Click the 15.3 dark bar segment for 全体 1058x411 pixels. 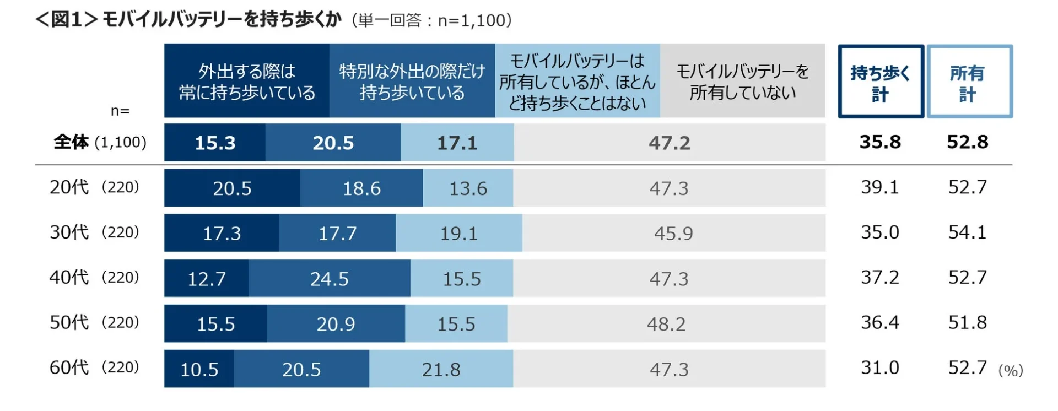[215, 143]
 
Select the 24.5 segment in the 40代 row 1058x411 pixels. [329, 279]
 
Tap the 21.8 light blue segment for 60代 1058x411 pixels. [441, 369]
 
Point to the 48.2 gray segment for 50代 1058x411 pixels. [666, 324]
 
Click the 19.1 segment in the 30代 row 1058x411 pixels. [458, 234]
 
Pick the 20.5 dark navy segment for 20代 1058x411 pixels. [232, 188]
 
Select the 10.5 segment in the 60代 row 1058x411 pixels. [199, 369]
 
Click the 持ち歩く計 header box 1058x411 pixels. [881, 82]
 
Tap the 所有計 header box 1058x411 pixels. [969, 82]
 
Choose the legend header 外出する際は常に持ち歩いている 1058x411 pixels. [247, 81]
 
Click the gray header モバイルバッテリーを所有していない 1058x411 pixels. [742, 81]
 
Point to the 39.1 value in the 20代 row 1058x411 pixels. [880, 187]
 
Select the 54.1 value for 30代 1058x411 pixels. [967, 232]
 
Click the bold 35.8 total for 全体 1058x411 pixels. [880, 142]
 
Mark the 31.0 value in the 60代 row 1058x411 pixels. [880, 367]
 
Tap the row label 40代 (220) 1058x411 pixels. [94, 277]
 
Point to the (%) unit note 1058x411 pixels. [1010, 371]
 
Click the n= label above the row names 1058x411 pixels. [120, 111]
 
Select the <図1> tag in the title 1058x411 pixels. [67, 20]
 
